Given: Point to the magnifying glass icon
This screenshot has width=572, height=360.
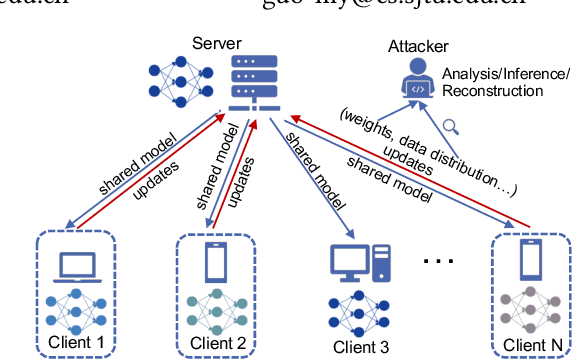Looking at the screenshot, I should (452, 126).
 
